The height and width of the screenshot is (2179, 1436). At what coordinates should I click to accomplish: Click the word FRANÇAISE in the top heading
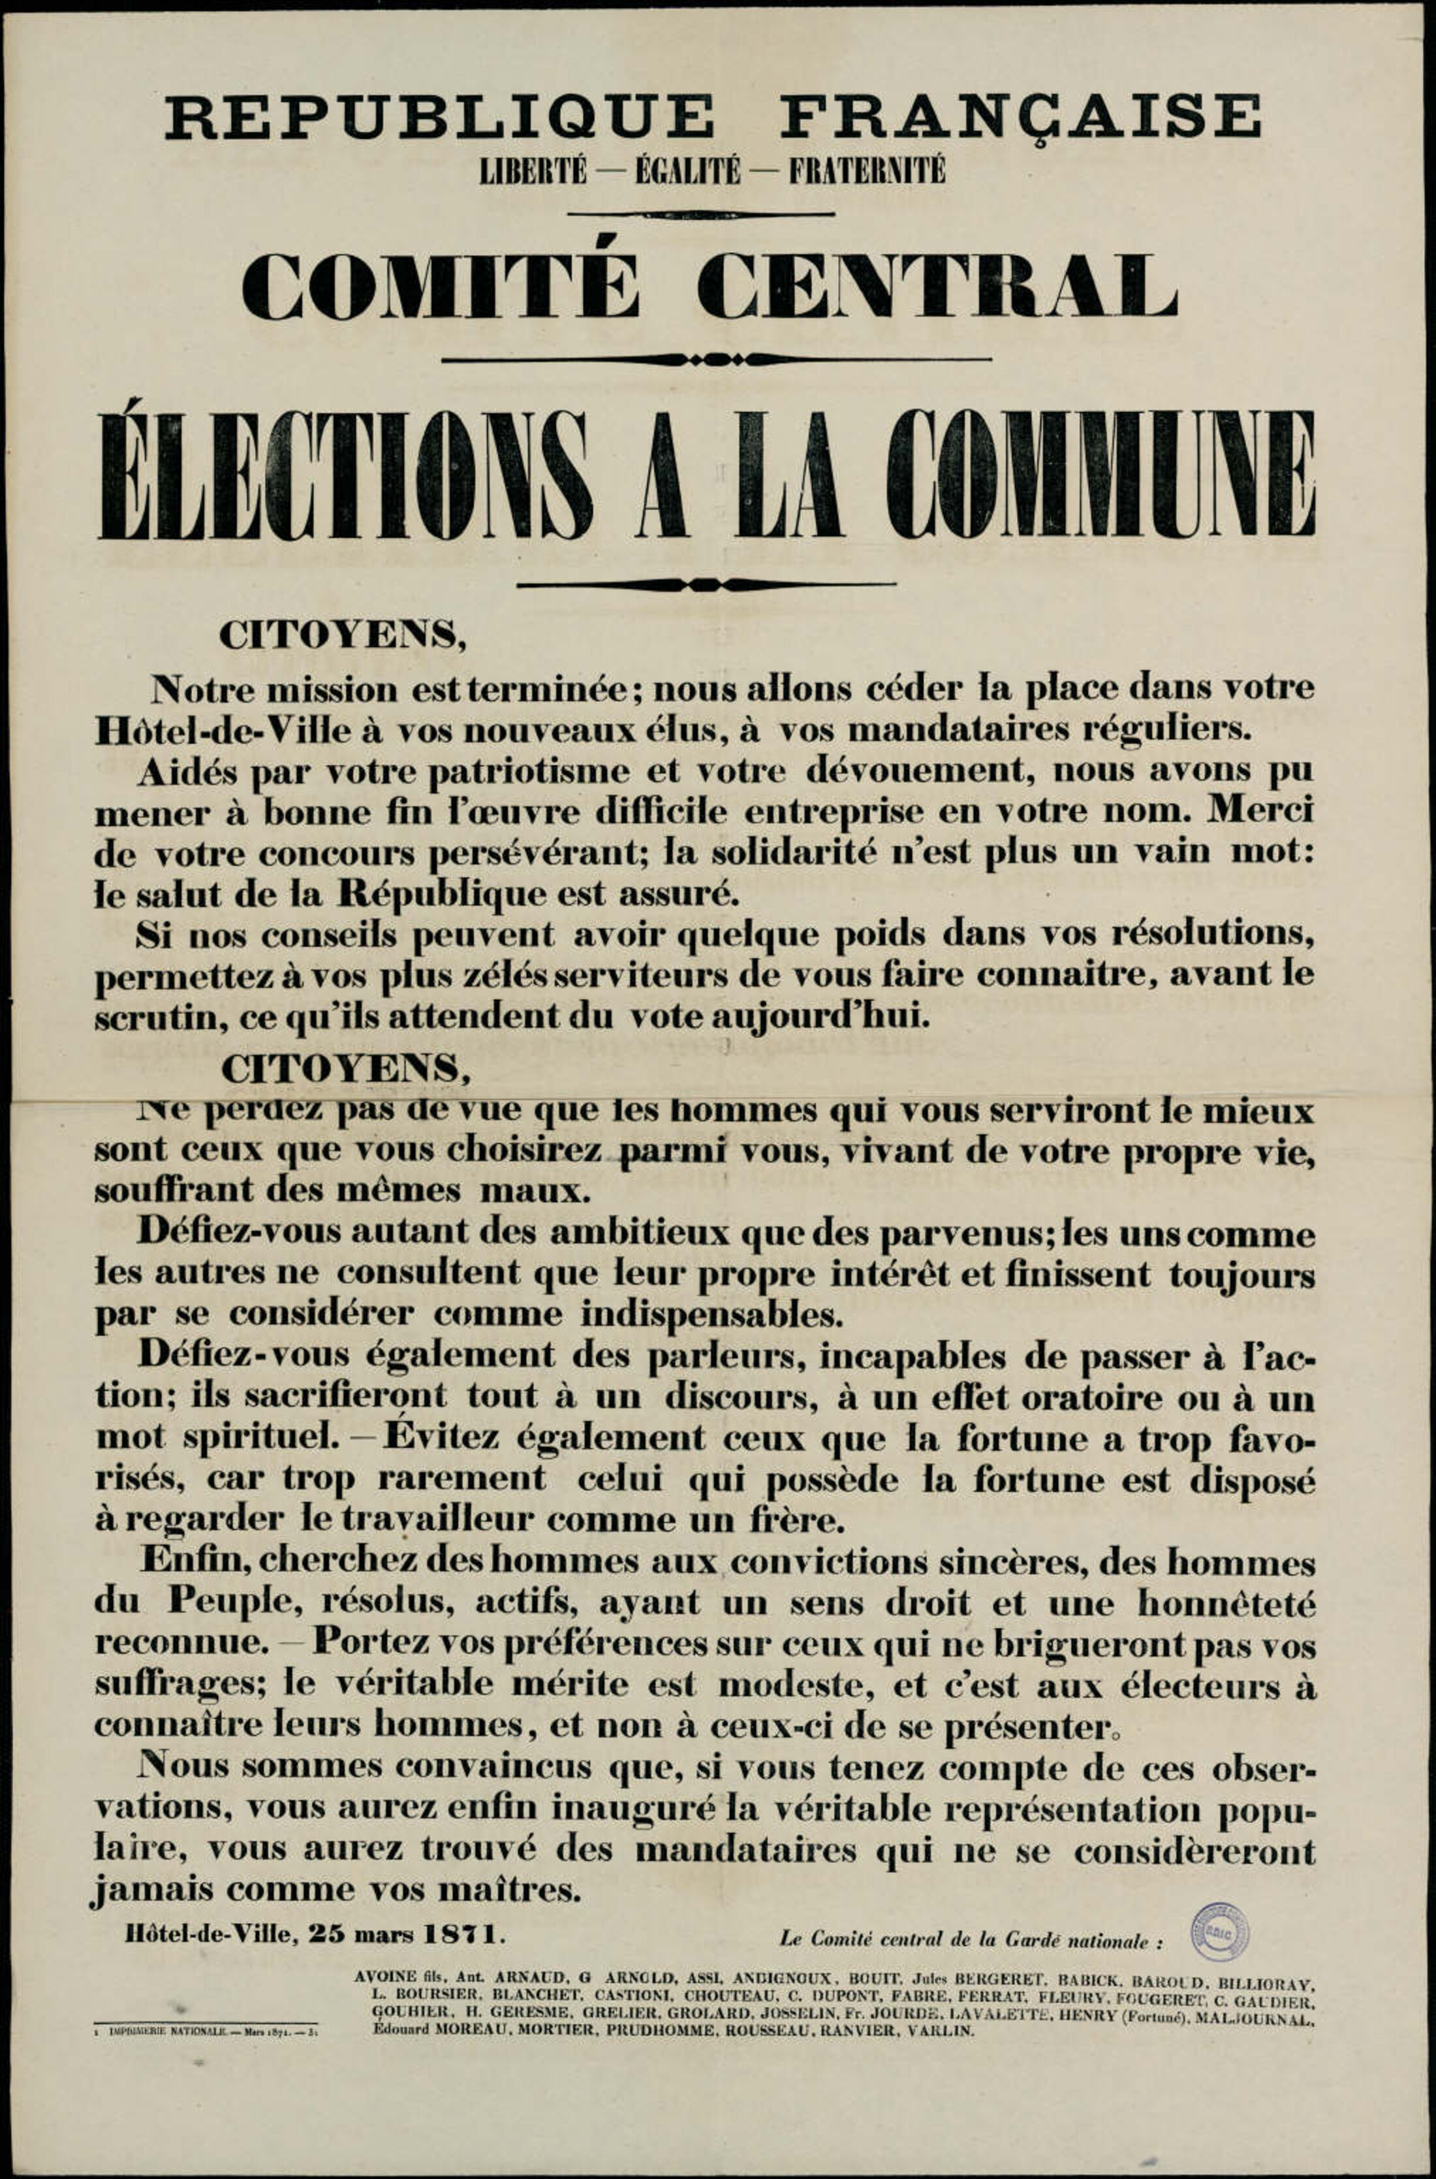click(x=1020, y=118)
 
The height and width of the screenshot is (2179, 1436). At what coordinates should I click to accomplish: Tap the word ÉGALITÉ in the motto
click(x=687, y=171)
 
